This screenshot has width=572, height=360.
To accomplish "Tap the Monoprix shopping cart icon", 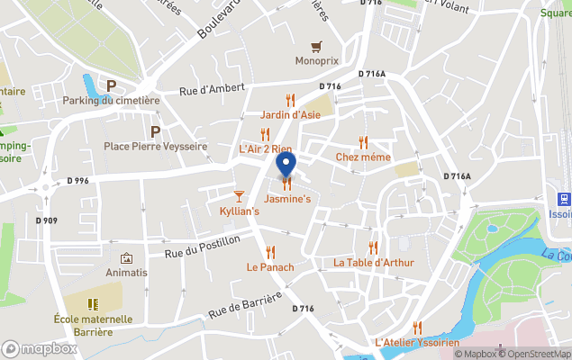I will pos(316,46).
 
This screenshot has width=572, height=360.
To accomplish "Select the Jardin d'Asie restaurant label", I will pos(290,115).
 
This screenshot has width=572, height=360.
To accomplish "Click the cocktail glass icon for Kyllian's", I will pos(239,195).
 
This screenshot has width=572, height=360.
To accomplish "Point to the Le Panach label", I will pos(270,267).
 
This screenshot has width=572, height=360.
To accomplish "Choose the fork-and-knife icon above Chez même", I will pos(363,142).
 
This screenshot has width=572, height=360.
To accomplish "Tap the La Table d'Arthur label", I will pos(373,263).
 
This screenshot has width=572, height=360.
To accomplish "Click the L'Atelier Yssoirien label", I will pos(417,343).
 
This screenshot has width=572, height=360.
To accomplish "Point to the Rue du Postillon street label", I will pos(203,246).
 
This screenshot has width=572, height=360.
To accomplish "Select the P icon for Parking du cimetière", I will pos(112,85).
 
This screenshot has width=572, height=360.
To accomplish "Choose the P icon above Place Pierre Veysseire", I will pos(155,131).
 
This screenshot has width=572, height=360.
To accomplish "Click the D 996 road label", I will pos(78,181).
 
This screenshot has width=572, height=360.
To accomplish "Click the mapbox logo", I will pos(40,348).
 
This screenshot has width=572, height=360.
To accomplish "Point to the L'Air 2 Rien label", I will pos(265,148).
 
